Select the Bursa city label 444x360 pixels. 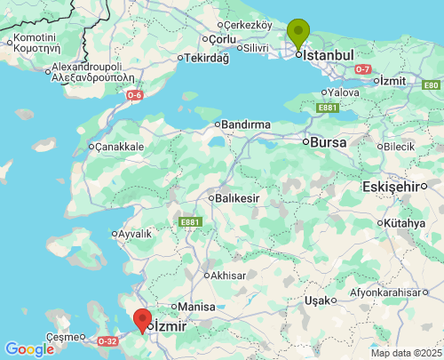326,141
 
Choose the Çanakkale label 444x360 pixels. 120,147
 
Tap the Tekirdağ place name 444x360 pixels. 208,58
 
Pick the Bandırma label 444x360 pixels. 245,124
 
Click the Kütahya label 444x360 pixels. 405,223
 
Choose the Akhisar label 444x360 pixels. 228,276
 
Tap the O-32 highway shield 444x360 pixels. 107,340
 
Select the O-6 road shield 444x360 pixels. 134,94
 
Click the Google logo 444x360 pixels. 29,349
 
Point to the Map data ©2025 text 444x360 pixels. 405,353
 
